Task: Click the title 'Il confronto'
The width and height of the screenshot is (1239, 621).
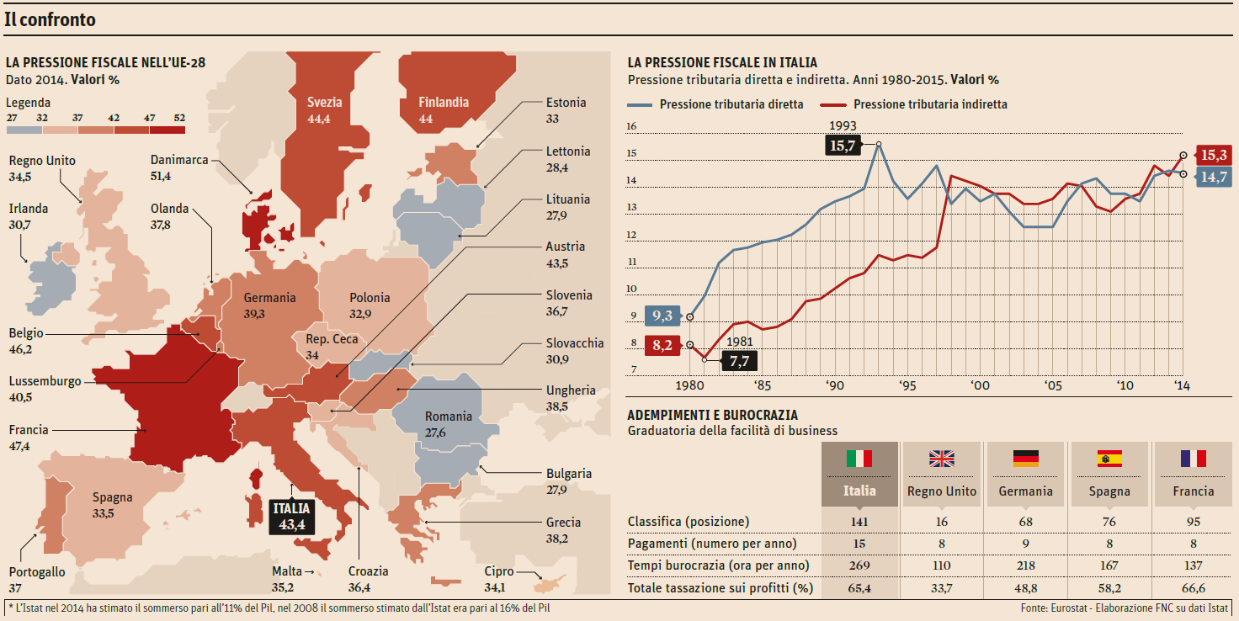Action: [x=50, y=19]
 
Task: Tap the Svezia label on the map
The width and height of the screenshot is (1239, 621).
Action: [x=324, y=102]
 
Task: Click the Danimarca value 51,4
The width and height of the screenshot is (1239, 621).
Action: [x=161, y=176]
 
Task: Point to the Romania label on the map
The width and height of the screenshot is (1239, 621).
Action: [x=448, y=417]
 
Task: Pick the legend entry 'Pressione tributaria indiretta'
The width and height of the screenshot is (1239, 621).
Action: [x=929, y=104]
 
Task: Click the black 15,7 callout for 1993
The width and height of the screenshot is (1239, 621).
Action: [x=842, y=146]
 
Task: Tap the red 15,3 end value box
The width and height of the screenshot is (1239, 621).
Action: [x=1215, y=155]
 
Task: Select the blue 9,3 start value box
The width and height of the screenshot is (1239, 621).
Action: [x=662, y=316]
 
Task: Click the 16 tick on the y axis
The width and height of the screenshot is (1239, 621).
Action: [x=632, y=127]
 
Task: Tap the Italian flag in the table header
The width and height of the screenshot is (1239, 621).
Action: [x=859, y=459]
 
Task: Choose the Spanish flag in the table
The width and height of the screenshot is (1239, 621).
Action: [x=1109, y=459]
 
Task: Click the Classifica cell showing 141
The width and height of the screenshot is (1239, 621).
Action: [x=859, y=522]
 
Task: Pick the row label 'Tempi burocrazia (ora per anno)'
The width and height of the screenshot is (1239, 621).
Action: [x=718, y=565]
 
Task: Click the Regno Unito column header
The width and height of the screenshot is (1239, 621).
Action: [x=941, y=491]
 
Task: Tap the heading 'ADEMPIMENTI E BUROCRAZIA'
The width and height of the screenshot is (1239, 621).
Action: [x=713, y=415]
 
